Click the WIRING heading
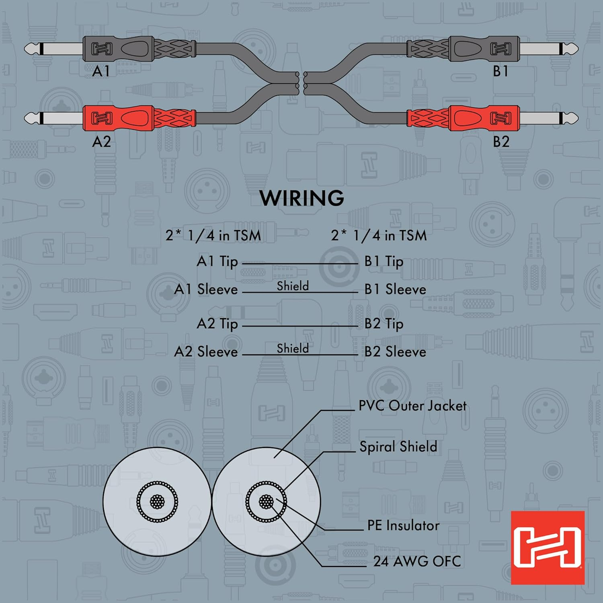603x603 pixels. [301, 198]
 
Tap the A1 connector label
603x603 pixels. [101, 71]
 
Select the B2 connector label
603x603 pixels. [501, 142]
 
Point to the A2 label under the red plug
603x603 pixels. [101, 142]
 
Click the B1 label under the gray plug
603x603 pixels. [500, 71]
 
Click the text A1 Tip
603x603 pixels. [217, 262]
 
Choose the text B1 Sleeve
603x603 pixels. [395, 289]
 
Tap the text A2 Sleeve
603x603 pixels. [206, 352]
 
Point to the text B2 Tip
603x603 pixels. [384, 324]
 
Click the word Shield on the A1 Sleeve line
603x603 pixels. [293, 286]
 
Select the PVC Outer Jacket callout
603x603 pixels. [412, 406]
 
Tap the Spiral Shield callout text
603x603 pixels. [398, 447]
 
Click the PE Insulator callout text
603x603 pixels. [403, 525]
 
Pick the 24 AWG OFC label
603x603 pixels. [417, 561]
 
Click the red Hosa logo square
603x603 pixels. [548, 548]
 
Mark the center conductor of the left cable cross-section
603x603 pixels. [157, 501]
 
